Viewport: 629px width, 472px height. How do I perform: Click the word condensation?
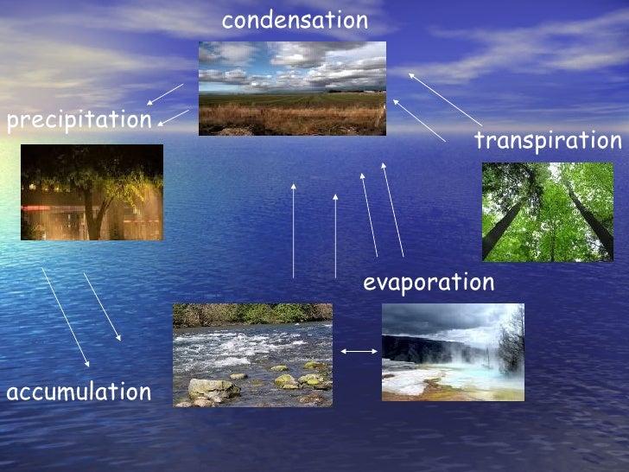pos(295,21)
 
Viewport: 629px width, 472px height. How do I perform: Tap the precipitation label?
pos(79,120)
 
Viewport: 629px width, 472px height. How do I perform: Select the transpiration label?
pos(548,141)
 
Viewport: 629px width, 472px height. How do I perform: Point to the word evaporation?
pos(429,283)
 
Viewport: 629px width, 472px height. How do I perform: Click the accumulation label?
pos(79,392)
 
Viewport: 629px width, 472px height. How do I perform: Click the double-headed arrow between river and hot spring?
pos(359,351)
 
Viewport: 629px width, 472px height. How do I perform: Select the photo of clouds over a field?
pos(292,88)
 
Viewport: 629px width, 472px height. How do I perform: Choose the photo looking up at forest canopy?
pos(547,212)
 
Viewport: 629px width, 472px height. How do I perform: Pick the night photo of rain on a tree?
pos(92,192)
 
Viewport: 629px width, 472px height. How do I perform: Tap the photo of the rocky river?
pos(252,354)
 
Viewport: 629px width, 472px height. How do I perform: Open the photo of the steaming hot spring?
pos(453,352)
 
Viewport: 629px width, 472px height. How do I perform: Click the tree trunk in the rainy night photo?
pos(91,216)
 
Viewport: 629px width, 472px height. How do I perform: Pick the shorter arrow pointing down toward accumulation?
pos(102,306)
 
